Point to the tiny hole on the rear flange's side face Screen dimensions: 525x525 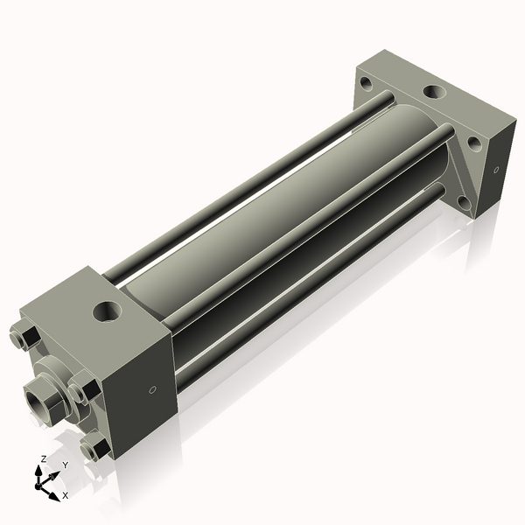495,171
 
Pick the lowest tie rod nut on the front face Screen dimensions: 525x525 94,448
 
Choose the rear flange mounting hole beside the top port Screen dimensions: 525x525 472,141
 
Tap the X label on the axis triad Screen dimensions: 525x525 64,495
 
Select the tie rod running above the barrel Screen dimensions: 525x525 245,184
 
